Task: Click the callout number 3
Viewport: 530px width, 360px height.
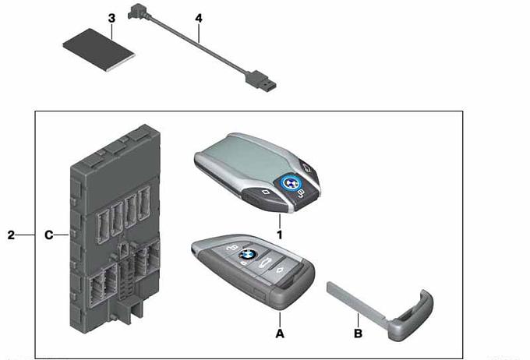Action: click(111, 19)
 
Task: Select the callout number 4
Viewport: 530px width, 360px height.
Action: click(199, 18)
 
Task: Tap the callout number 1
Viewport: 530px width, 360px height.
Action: click(280, 235)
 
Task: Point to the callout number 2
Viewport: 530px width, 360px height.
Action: click(11, 235)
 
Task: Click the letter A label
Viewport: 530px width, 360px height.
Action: click(280, 334)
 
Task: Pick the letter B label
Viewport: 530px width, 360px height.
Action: click(358, 334)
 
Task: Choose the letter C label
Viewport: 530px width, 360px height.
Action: click(49, 235)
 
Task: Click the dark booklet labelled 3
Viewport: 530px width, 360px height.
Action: click(99, 50)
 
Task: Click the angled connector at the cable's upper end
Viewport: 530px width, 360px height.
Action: click(136, 12)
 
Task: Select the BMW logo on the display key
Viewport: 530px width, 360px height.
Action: click(290, 184)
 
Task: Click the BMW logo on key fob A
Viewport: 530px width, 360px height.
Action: click(248, 254)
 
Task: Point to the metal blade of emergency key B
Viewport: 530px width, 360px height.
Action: click(355, 300)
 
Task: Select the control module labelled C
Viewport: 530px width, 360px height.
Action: click(115, 227)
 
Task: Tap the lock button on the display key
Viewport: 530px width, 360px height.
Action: click(301, 194)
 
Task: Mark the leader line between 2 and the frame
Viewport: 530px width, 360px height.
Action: click(26, 235)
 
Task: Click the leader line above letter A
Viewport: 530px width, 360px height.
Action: click(280, 319)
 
